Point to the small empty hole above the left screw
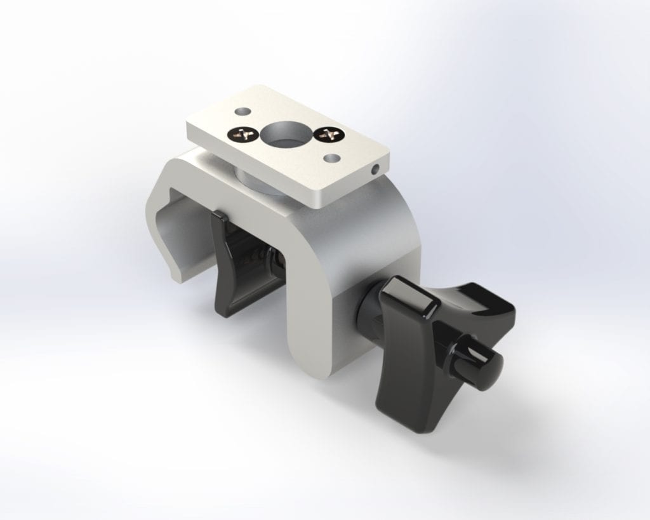click(x=240, y=111)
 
